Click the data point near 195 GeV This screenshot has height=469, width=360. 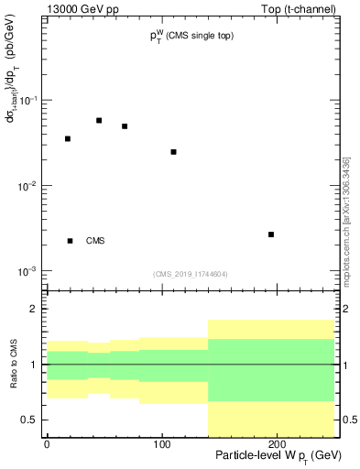click(271, 234)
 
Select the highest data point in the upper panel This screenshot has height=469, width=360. click(99, 120)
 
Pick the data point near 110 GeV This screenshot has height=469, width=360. click(173, 151)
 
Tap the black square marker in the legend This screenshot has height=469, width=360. click(71, 241)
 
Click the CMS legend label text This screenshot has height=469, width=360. click(95, 241)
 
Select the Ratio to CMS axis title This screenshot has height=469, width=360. click(13, 365)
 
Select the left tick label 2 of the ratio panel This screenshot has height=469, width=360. click(35, 309)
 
